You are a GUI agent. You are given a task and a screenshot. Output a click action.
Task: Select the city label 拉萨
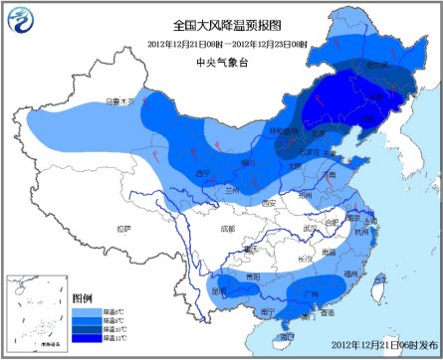pos(123,229)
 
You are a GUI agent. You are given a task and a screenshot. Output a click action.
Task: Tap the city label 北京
pos(317,130)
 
